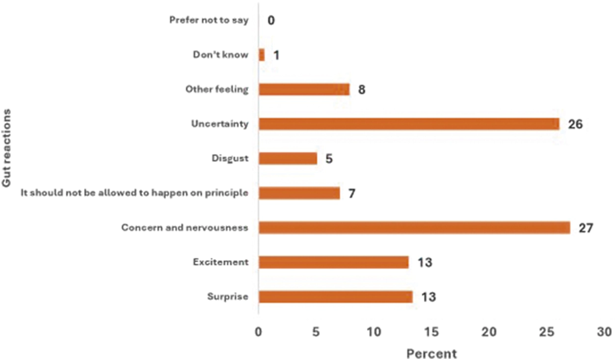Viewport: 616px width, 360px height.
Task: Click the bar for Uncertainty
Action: [x=409, y=124]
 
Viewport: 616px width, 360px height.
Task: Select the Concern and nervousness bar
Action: [x=414, y=227]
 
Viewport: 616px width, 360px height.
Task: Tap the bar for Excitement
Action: [x=334, y=262]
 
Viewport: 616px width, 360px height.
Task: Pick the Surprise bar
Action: [x=336, y=297]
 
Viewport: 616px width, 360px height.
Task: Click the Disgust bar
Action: [x=288, y=158]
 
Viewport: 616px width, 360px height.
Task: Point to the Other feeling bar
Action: [x=304, y=89]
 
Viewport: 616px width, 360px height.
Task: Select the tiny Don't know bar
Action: [x=262, y=55]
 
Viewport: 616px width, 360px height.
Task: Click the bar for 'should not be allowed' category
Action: [x=299, y=193]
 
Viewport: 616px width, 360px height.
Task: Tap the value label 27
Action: [x=586, y=228]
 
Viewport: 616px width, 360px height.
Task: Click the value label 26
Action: [x=575, y=124]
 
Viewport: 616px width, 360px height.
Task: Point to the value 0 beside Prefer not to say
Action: [x=271, y=20]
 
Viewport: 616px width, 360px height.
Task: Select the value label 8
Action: [x=362, y=90]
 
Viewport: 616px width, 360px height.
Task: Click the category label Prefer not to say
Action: [x=209, y=20]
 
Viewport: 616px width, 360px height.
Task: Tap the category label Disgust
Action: [x=230, y=158]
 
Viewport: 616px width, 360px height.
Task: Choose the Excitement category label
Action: [x=221, y=262]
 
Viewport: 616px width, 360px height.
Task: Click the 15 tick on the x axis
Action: [x=431, y=332]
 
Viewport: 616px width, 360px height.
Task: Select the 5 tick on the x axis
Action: [x=316, y=332]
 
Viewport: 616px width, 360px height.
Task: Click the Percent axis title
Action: [x=431, y=354]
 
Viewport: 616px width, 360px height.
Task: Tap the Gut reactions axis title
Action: [x=6, y=148]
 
